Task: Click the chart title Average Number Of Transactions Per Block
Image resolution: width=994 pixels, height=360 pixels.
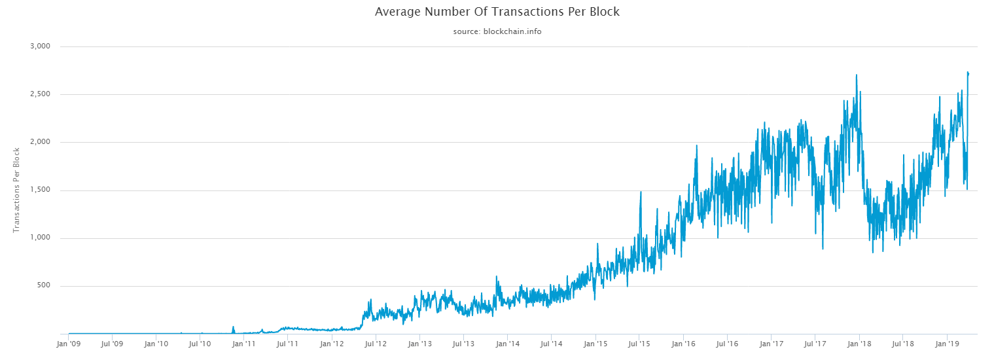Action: (497, 12)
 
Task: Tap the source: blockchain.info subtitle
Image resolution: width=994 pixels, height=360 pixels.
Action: (497, 31)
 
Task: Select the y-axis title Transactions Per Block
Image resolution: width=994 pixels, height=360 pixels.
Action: (17, 190)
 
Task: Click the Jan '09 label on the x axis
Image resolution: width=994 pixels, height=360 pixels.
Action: (69, 343)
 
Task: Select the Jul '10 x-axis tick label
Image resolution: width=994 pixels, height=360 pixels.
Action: (200, 343)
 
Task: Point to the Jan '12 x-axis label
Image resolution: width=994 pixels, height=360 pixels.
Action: (332, 343)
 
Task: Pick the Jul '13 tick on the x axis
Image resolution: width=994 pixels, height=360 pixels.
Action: (464, 343)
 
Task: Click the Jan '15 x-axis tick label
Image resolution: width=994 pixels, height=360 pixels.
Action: (596, 343)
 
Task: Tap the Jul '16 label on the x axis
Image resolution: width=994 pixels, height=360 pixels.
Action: (728, 343)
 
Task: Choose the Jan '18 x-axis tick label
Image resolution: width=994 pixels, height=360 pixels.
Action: (860, 343)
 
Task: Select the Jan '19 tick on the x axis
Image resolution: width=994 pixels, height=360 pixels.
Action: (948, 343)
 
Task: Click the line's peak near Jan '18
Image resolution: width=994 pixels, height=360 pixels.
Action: (857, 75)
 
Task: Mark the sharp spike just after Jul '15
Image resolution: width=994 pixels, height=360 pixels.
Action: (641, 192)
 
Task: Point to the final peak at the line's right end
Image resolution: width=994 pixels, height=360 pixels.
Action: (968, 72)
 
